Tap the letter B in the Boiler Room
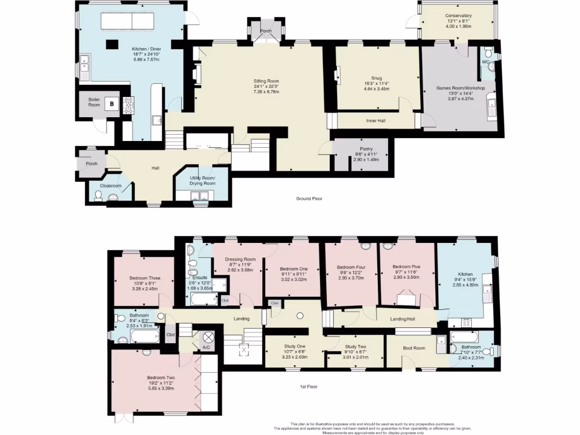[112, 104]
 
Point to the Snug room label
[377, 78]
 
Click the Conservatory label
[458, 16]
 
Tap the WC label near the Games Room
[485, 62]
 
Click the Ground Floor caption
[310, 199]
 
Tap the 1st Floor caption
[309, 387]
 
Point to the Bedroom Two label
[160, 377]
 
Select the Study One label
[294, 346]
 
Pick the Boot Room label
[414, 348]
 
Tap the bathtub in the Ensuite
[201, 298]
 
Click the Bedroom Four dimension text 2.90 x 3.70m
[349, 278]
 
